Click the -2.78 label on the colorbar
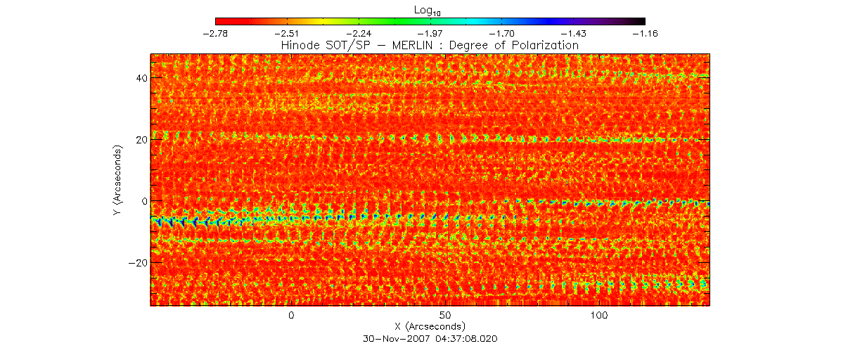(x=215, y=33)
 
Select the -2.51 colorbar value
(x=287, y=33)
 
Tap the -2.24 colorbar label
(x=359, y=33)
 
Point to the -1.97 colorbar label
(x=430, y=33)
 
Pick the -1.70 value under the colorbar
(x=502, y=33)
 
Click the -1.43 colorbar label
(x=574, y=33)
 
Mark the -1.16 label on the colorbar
(x=645, y=33)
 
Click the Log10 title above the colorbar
(x=430, y=9)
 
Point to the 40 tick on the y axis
(x=140, y=78)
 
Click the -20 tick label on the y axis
(x=137, y=262)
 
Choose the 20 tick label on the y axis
(x=140, y=139)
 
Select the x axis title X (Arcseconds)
(x=430, y=327)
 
